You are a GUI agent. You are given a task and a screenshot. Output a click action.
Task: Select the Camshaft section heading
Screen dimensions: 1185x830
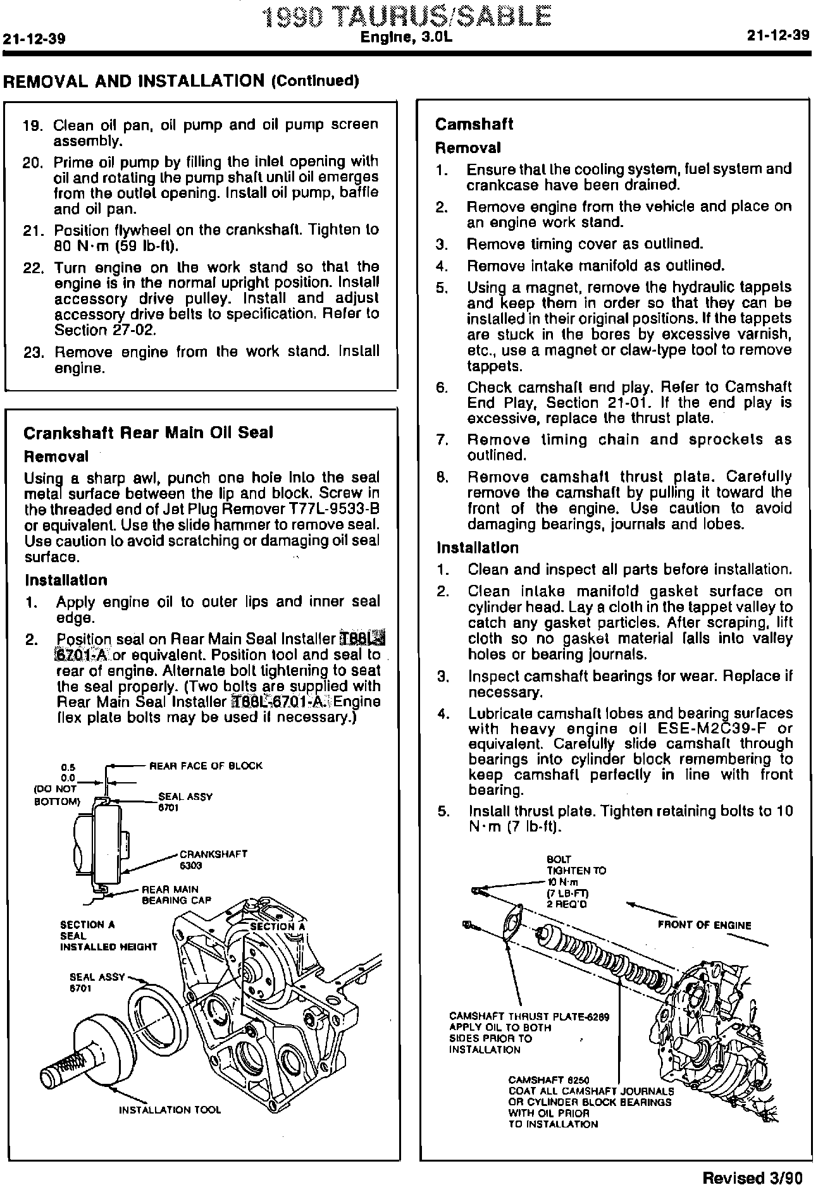(x=474, y=124)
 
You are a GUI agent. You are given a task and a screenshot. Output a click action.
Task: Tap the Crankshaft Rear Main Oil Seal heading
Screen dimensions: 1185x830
(x=148, y=433)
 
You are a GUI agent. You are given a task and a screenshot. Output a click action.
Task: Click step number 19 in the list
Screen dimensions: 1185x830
(x=32, y=126)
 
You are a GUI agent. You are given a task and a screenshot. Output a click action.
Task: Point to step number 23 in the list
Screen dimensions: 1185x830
(x=32, y=352)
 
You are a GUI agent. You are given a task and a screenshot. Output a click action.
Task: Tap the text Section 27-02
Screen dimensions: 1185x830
(x=81, y=330)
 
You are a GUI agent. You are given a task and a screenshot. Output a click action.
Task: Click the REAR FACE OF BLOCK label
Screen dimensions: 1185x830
(x=206, y=766)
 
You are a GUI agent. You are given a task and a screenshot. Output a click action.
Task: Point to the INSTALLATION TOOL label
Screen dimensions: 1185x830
(x=170, y=1110)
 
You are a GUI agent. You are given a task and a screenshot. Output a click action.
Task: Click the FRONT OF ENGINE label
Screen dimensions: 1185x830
(x=704, y=925)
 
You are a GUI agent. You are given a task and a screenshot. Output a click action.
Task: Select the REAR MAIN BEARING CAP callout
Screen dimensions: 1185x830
(x=176, y=895)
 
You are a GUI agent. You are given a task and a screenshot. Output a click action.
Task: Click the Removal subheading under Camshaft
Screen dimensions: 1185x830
(x=468, y=148)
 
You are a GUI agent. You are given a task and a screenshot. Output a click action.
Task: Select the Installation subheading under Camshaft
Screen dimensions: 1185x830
(x=477, y=548)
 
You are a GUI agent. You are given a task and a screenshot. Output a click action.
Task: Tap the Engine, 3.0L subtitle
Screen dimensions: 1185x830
(x=407, y=38)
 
